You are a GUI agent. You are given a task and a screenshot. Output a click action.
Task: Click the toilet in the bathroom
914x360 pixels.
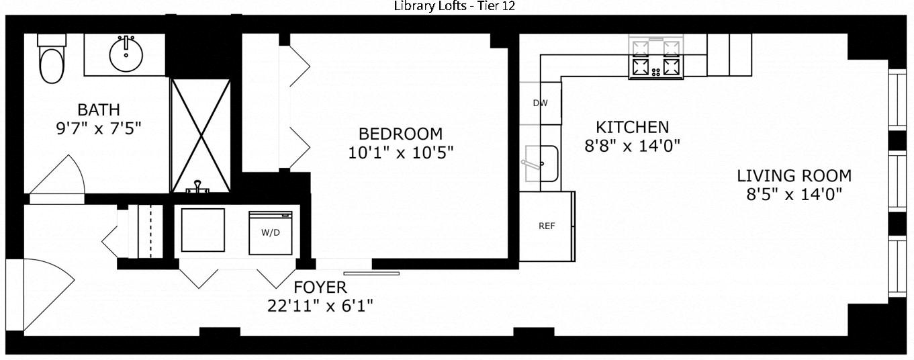tap(52, 59)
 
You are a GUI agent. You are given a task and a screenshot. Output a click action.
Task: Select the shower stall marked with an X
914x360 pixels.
tap(200, 136)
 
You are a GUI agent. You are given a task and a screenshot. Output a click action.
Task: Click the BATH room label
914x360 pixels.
tap(99, 109)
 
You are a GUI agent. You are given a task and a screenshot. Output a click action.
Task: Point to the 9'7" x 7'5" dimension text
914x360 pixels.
tap(99, 129)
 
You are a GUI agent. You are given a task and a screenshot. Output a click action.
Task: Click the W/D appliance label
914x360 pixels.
tap(271, 232)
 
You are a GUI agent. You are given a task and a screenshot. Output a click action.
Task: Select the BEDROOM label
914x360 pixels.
tap(401, 134)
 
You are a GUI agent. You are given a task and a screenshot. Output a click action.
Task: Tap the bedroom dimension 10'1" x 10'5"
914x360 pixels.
tap(401, 153)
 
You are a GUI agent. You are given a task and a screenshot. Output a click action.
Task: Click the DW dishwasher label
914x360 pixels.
tap(540, 103)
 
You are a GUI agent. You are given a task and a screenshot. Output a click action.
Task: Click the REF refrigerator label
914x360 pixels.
tap(547, 226)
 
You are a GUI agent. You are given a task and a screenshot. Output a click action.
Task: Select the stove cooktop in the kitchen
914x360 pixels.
tap(655, 57)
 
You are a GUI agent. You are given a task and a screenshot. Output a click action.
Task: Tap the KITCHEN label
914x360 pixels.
tap(633, 127)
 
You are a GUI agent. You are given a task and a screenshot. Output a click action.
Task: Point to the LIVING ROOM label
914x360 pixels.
tap(794, 176)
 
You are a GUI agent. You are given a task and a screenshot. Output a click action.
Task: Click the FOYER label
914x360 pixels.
tap(320, 287)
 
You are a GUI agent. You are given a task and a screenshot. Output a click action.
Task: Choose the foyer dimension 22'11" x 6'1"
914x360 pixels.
tap(320, 306)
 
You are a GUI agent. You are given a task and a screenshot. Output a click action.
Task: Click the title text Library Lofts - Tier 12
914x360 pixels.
tap(454, 6)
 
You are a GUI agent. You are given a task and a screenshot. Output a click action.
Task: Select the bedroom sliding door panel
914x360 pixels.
tap(371, 273)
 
